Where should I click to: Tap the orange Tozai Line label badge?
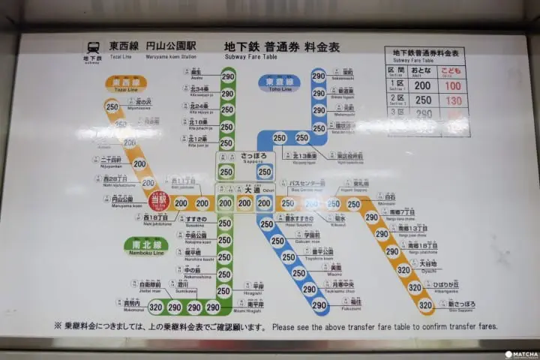126,82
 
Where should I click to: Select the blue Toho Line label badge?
279,82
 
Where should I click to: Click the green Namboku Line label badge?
145,245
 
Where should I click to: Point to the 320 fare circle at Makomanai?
155,307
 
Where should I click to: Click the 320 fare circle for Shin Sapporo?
425,304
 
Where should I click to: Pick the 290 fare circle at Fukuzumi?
319,304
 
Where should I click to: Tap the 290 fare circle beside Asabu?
227,76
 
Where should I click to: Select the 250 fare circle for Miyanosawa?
112,107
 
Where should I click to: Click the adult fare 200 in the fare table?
423,86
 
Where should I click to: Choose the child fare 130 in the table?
454,100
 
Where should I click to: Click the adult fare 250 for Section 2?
423,100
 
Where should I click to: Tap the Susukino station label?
192,219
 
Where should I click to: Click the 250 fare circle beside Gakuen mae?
277,241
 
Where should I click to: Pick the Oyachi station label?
427,265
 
